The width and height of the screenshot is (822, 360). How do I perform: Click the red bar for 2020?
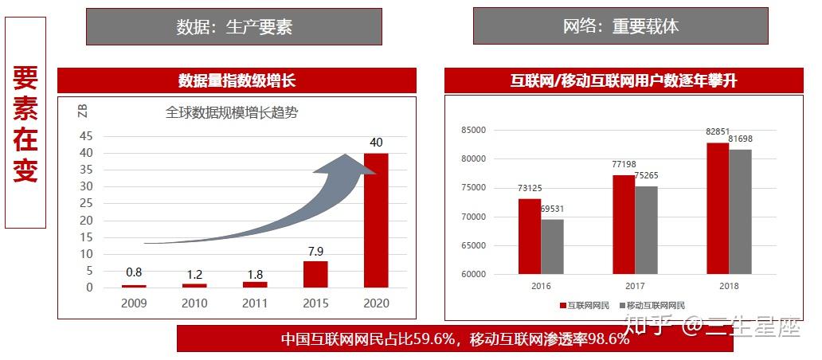(x=376, y=220)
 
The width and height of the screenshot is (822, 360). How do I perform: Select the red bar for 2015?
(x=315, y=274)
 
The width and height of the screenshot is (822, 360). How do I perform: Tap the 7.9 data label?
(x=315, y=251)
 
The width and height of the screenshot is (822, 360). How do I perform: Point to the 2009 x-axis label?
(x=134, y=303)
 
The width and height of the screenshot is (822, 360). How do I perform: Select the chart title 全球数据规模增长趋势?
(x=232, y=112)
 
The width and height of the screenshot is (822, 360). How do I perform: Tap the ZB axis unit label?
(x=82, y=111)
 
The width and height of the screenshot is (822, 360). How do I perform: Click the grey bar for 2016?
(x=553, y=246)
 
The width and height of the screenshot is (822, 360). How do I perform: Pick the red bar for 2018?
(x=718, y=208)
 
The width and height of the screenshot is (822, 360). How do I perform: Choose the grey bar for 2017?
(x=647, y=230)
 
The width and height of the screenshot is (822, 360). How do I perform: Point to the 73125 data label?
(x=529, y=188)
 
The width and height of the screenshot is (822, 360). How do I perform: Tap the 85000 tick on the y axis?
(x=473, y=130)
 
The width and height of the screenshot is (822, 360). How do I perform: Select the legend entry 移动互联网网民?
(x=652, y=306)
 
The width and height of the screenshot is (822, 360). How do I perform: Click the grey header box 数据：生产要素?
(x=234, y=26)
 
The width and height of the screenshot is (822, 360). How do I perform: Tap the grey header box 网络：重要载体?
(x=620, y=25)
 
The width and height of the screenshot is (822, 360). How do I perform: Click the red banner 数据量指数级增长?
(x=237, y=80)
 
